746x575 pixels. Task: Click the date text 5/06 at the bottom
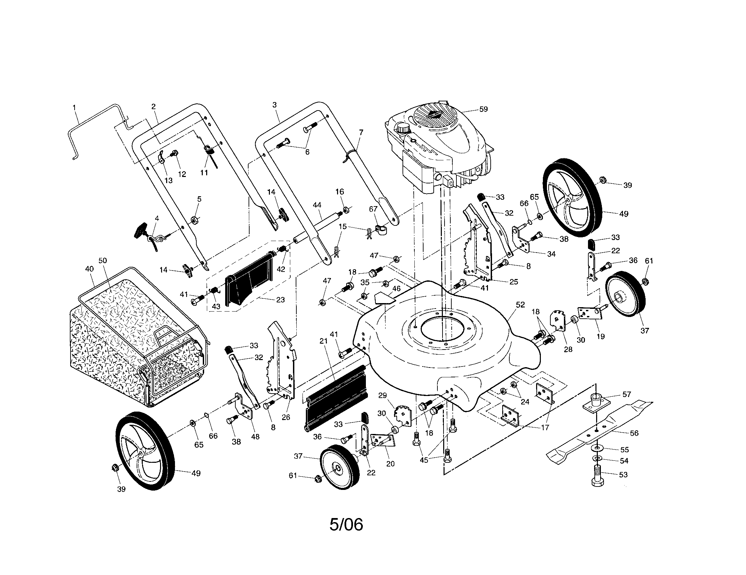point(346,524)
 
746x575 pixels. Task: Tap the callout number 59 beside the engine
point(483,109)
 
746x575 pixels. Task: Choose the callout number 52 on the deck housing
point(520,304)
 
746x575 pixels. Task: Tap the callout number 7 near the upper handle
point(361,132)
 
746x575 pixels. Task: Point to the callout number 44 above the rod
point(317,205)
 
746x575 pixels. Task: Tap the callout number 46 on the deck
point(396,289)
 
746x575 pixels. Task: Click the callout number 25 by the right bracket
point(513,282)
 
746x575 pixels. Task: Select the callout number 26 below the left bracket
point(286,417)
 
